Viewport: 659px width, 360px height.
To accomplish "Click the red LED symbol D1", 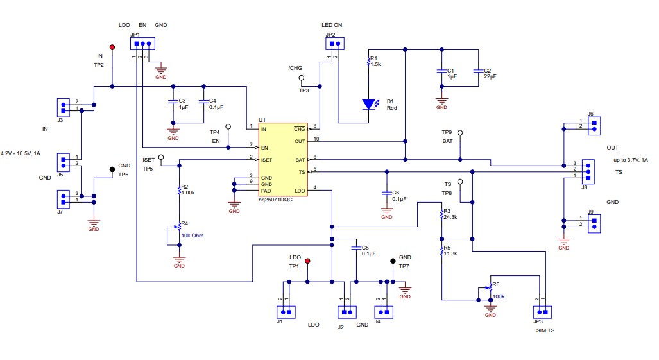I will point(369,103).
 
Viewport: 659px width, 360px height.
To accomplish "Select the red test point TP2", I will point(112,47).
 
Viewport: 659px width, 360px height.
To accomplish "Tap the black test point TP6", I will point(112,169).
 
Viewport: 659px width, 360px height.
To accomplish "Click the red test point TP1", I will point(307,261).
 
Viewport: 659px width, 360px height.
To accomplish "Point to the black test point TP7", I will point(393,261).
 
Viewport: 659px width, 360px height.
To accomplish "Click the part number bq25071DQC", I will point(280,200).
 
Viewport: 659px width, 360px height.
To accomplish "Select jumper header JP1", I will point(142,44).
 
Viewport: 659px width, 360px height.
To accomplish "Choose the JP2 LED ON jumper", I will point(334,44).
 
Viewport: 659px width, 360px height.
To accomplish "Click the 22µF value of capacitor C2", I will point(490,76).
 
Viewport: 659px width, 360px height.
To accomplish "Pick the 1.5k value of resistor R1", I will point(375,65).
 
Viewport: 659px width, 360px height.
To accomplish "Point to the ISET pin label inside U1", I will point(267,159).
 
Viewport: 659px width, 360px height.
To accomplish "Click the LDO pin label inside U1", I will point(299,191).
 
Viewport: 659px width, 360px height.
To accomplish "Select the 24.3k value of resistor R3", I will point(450,217).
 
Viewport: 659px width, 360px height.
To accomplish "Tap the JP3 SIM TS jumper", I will point(540,313).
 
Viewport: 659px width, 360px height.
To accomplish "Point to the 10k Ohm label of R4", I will point(191,235).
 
